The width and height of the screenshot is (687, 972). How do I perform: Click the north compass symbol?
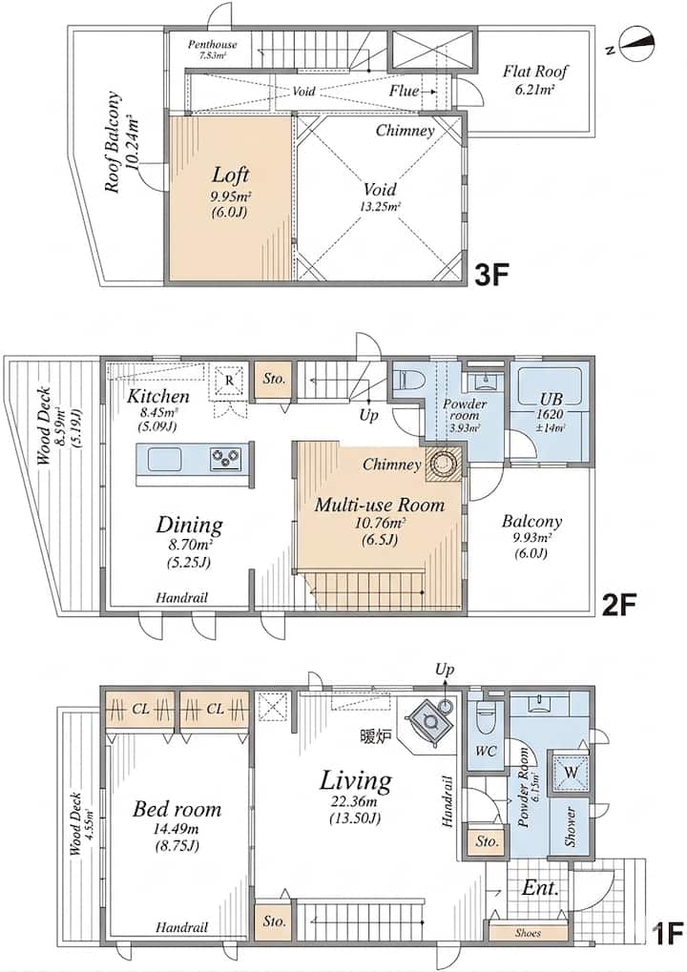(637, 43)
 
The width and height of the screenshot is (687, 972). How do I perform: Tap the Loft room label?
(230, 175)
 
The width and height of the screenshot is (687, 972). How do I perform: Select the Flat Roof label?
(535, 72)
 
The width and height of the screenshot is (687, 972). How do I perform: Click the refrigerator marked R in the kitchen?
(229, 380)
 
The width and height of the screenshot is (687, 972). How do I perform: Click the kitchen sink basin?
(164, 460)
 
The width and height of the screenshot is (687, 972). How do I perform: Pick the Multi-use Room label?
(380, 506)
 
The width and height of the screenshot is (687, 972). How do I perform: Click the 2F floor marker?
(619, 604)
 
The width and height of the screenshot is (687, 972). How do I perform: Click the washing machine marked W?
(571, 773)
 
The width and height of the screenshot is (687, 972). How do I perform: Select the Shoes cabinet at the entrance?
(529, 932)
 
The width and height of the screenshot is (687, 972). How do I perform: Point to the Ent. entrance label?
(540, 888)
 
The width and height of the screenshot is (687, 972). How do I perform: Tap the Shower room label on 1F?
(570, 826)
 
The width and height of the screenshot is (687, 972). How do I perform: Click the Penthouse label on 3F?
(213, 49)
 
